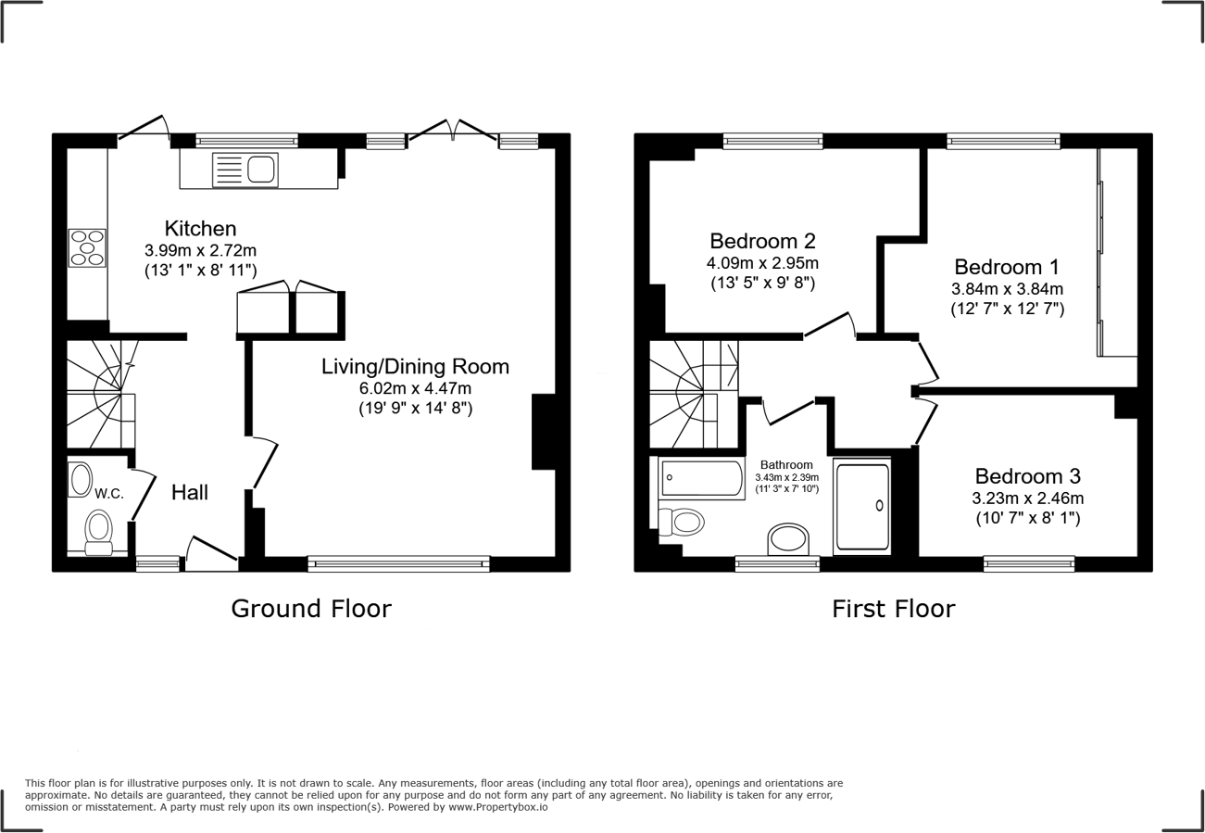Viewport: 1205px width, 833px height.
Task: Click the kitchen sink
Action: [x=245, y=170]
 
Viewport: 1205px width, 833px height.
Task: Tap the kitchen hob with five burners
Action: [x=87, y=247]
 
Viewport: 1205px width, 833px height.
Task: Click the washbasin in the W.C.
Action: [x=79, y=479]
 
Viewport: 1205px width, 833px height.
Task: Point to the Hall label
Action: [x=190, y=493]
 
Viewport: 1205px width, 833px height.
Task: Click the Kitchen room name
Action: [x=200, y=228]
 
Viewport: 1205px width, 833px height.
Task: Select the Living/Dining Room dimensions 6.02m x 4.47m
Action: [x=415, y=387]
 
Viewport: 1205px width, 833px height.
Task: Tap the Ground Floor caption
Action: [x=311, y=609]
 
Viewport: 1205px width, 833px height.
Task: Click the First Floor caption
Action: [x=893, y=609]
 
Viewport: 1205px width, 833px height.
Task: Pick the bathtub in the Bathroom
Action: [x=702, y=478]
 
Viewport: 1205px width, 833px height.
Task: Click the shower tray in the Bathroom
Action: [x=861, y=506]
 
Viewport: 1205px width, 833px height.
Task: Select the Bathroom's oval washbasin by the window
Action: [x=788, y=538]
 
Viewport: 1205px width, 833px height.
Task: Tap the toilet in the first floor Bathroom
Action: [x=680, y=523]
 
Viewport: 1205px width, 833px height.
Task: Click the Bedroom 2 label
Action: [x=762, y=241]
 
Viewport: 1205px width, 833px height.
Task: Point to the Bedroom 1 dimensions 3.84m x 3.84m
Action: [x=1007, y=288]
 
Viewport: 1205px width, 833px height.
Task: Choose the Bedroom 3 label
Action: [x=1027, y=476]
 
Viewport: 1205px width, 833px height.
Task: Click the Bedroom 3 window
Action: [x=1029, y=562]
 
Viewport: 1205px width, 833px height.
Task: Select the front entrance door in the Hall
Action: [x=211, y=553]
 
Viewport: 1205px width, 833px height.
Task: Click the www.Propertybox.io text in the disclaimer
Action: [x=498, y=807]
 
